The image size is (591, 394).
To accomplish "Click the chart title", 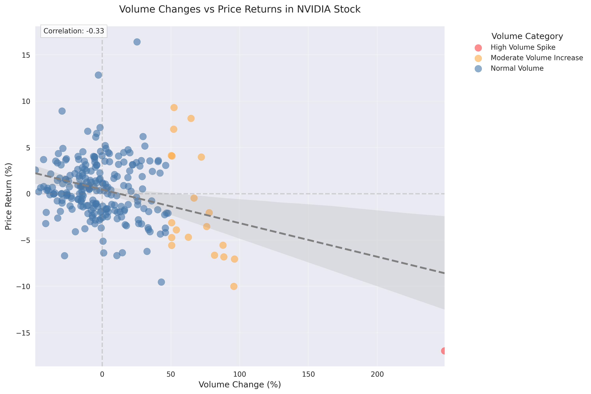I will pos(240,9).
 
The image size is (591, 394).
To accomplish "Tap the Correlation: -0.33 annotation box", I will pos(74,31).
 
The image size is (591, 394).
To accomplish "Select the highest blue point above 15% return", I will pos(137,42).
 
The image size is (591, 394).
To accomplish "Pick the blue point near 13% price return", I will pos(98,75).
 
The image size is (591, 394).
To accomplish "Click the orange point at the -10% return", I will pos(234,286).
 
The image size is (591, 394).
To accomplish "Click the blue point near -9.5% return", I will pos(161,282).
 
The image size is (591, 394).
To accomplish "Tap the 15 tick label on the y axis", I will pos(26,55).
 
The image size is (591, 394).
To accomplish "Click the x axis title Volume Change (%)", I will pos(240,385).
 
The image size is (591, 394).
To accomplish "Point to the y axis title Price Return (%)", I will pos(8,196).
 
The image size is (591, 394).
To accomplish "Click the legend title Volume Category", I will pos(527,36).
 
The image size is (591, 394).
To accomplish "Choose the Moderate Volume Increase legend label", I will pos(536,58).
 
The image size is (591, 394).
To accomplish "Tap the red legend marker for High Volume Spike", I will pos(478,48).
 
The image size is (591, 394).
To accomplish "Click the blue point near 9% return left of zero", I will pos(62,111).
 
